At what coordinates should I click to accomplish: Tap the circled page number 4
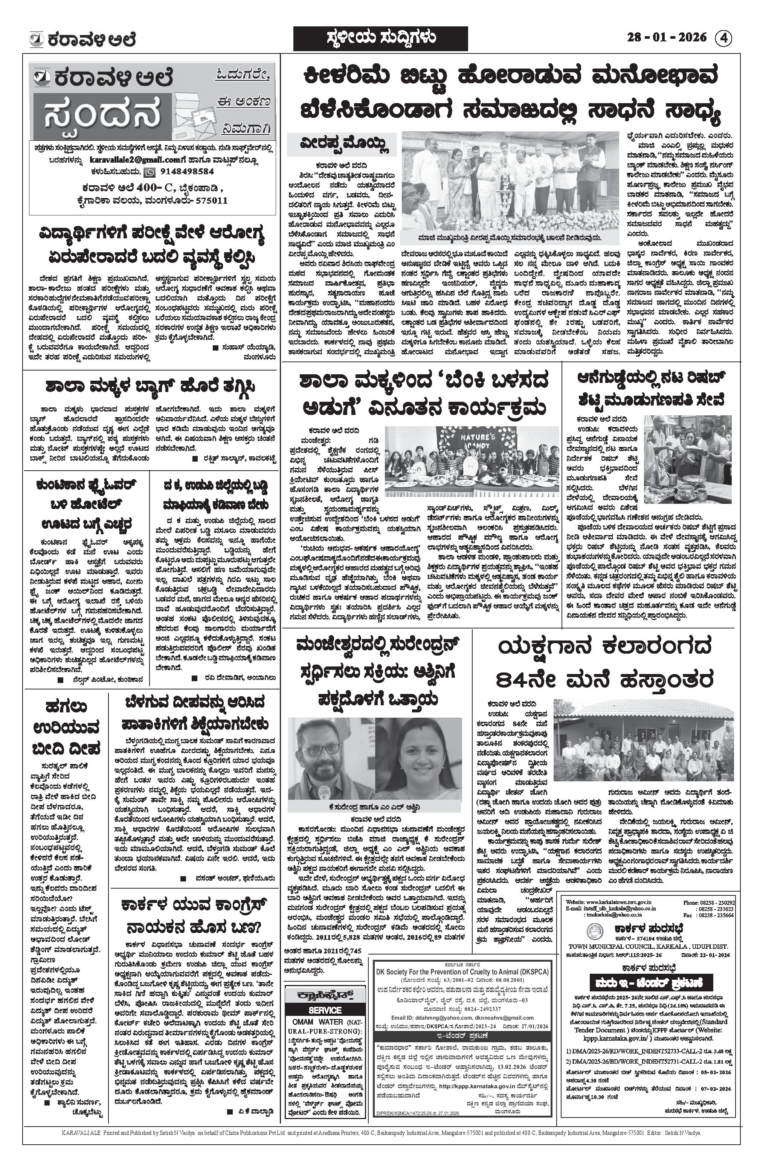(724, 38)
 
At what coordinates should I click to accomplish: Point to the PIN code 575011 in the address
(212, 200)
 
